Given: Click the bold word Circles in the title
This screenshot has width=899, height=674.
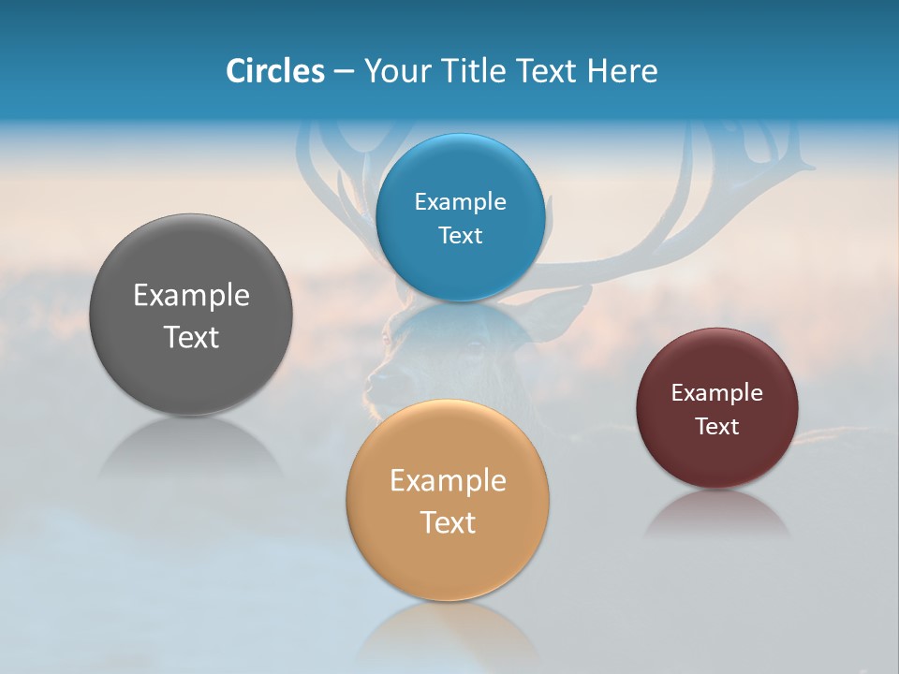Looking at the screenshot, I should click(x=274, y=71).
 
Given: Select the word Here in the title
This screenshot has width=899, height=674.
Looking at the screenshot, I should click(x=623, y=71).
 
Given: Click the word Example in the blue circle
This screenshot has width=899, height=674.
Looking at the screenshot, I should click(x=461, y=202).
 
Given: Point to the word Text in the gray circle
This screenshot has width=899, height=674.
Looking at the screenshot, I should click(x=191, y=337).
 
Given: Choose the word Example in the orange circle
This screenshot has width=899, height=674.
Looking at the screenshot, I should click(x=448, y=481).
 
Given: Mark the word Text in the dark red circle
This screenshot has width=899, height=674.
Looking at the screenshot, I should click(x=717, y=427).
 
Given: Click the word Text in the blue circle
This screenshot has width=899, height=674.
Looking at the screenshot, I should click(x=461, y=236).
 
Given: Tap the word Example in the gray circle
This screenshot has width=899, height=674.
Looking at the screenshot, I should click(x=191, y=296).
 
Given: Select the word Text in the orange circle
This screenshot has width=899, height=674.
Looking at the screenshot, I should click(x=448, y=522).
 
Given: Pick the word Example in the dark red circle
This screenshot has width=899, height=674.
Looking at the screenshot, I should click(x=717, y=393).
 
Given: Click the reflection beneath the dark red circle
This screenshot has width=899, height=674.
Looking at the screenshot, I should click(x=717, y=515).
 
